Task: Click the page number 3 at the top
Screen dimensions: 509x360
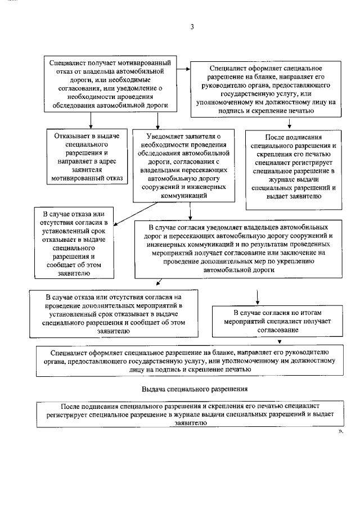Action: (x=192, y=27)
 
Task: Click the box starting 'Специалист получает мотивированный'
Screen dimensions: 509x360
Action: (x=110, y=84)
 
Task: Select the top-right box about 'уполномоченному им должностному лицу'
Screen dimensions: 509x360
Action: (x=266, y=89)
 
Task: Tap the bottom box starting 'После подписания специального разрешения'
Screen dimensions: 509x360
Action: (x=190, y=414)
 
